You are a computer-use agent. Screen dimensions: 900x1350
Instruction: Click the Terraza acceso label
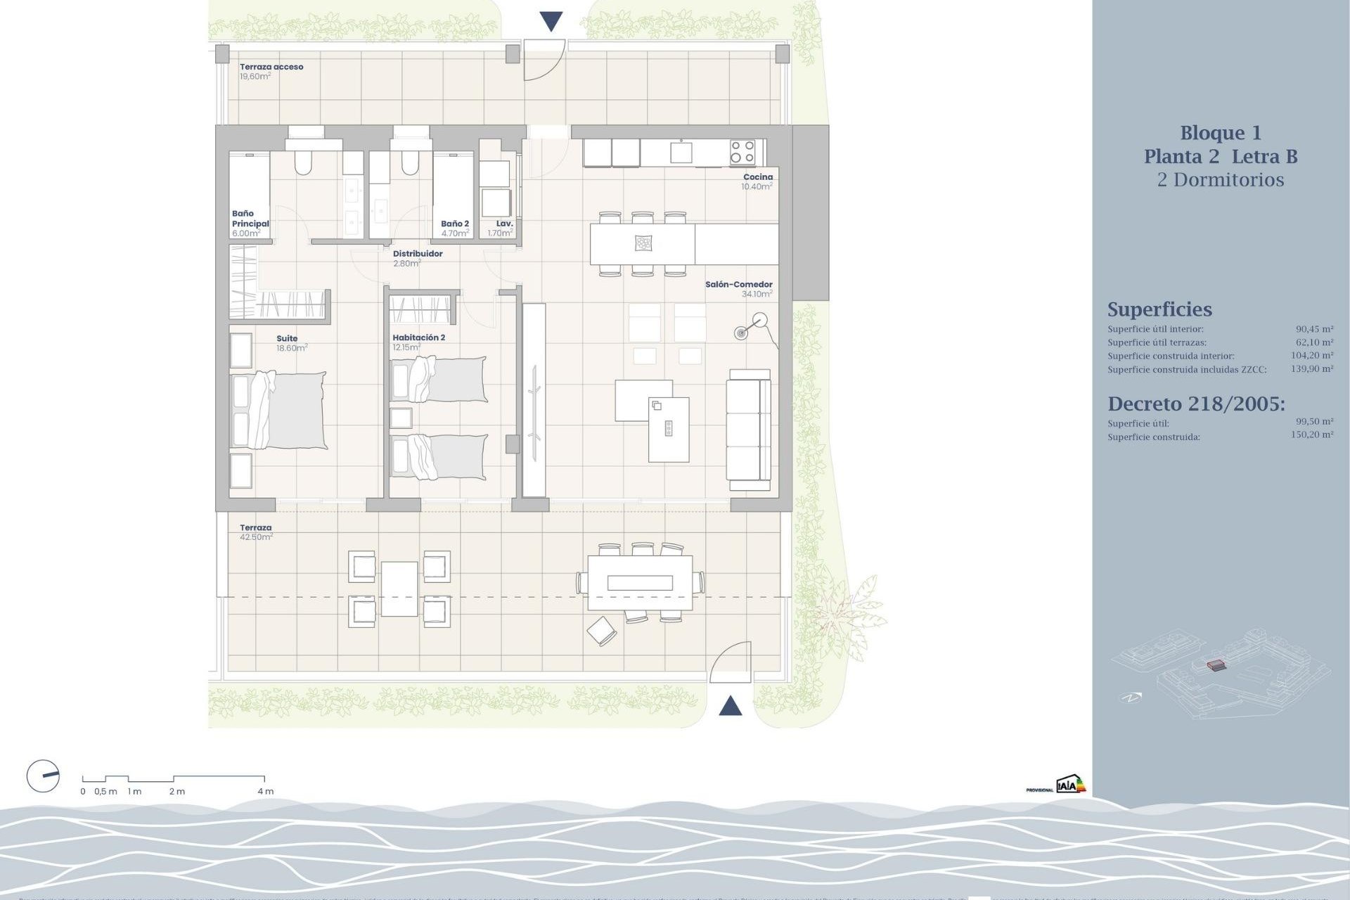271,67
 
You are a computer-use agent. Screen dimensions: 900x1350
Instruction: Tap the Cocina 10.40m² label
757,182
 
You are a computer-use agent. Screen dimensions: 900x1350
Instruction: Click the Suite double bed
279,410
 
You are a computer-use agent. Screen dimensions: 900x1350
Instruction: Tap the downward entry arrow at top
551,21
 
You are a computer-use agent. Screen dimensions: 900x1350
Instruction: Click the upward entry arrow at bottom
731,705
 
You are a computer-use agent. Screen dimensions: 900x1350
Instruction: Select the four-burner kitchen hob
742,152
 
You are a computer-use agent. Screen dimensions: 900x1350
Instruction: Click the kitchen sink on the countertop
681,152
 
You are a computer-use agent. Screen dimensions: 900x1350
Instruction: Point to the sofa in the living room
749,430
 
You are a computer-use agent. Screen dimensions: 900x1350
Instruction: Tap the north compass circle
43,777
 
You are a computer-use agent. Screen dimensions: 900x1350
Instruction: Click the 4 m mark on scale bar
264,790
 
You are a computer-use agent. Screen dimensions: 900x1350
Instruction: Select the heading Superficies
1159,309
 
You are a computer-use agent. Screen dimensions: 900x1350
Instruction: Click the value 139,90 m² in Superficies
1312,368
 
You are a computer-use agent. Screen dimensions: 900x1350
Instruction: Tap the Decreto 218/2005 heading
1196,404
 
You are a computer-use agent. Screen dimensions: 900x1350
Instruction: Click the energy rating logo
1070,785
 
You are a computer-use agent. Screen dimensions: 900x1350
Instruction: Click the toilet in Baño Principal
303,164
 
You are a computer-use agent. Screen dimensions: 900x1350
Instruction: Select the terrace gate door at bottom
731,664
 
